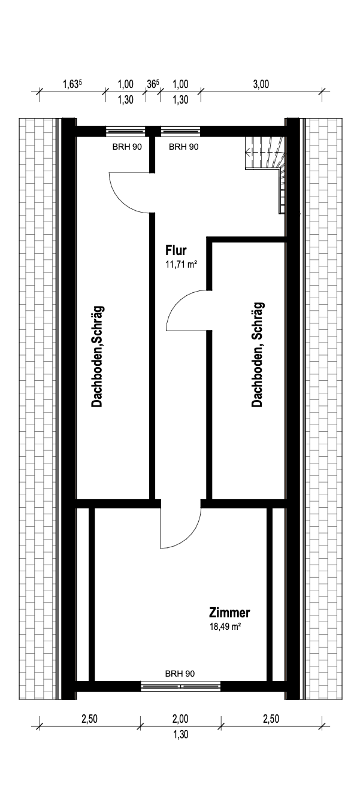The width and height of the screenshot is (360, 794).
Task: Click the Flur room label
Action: (x=176, y=250)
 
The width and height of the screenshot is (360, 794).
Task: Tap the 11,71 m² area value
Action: (x=181, y=264)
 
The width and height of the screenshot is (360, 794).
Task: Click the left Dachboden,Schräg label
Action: (x=97, y=357)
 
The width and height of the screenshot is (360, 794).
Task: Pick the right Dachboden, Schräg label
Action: (x=258, y=354)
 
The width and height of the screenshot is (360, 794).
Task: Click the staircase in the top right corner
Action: (x=266, y=166)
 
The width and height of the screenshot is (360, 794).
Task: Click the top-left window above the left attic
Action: (x=126, y=132)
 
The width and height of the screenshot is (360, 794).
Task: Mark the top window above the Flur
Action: (x=180, y=132)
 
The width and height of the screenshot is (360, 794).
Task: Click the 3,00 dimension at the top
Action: (x=261, y=84)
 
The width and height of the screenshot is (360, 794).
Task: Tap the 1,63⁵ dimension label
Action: (x=72, y=84)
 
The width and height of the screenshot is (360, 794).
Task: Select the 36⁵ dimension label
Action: (x=153, y=84)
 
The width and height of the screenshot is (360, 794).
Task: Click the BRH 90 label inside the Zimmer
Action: (x=180, y=674)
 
